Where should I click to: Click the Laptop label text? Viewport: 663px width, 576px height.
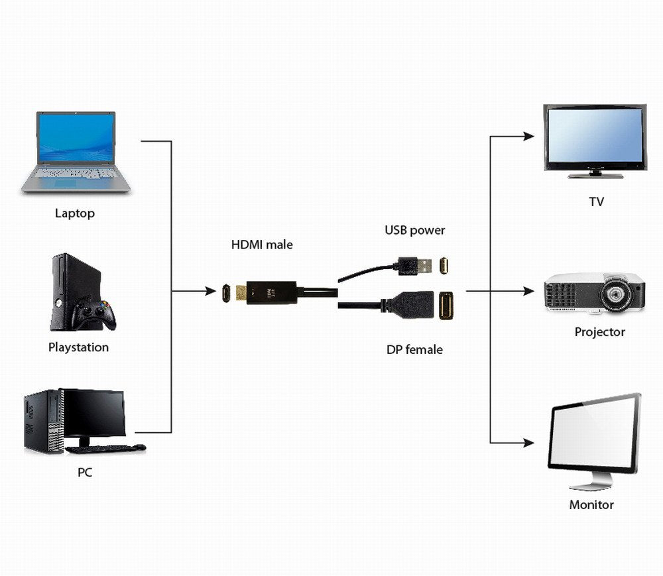click(74, 213)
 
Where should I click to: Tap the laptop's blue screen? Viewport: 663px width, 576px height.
click(76, 137)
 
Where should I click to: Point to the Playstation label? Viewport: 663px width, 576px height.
click(78, 347)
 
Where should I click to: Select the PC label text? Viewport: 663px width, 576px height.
click(84, 473)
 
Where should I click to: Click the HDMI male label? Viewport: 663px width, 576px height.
click(262, 245)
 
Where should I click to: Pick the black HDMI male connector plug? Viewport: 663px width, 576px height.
click(272, 292)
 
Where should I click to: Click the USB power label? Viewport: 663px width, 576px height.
click(415, 231)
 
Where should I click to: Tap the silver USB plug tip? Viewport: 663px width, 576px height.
click(425, 266)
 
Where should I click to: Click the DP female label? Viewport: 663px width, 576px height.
click(414, 349)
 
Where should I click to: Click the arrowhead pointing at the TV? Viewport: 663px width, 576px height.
click(528, 137)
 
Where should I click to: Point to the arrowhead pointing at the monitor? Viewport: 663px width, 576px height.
click(528, 442)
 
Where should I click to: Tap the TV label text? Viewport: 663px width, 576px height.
click(596, 202)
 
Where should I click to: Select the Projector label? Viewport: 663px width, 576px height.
click(599, 332)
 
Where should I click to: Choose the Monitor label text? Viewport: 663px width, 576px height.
click(591, 504)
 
